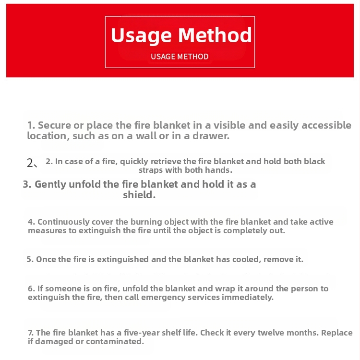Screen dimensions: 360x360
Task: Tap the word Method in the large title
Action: click(216, 36)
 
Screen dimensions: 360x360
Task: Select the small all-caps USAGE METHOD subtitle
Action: click(180, 57)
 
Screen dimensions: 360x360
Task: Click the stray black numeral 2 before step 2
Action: click(30, 163)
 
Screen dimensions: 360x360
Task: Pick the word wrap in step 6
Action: click(252, 288)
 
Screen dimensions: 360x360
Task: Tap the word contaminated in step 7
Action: click(118, 341)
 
